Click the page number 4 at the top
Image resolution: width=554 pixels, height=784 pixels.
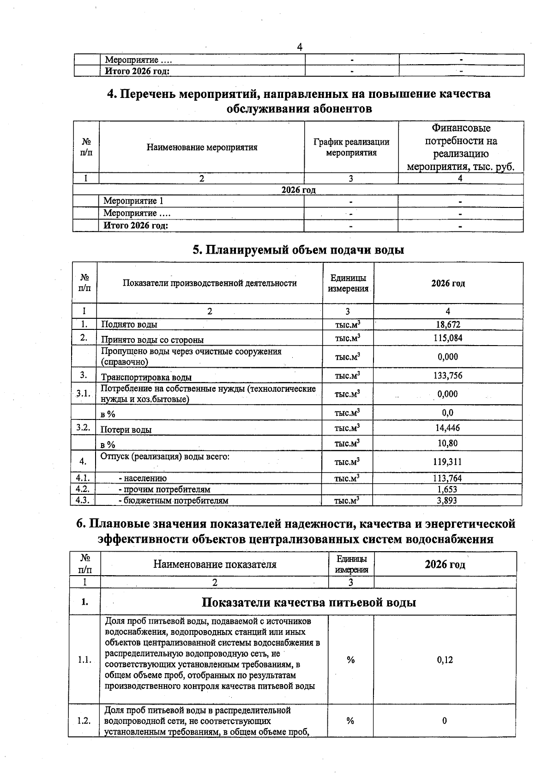[x=300, y=47]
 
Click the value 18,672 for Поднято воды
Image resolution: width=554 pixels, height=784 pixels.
[x=447, y=325]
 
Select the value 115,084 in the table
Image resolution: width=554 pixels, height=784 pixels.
[x=447, y=338]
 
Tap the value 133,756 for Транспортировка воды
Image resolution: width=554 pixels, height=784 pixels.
[x=447, y=376]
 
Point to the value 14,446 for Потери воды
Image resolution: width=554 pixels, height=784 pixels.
[x=447, y=428]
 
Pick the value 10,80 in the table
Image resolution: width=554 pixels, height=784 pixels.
[x=447, y=444]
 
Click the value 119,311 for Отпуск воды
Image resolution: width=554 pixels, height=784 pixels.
[x=447, y=462]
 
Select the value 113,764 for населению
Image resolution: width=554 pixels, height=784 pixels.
[x=447, y=478]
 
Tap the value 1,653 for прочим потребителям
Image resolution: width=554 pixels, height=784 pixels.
[x=447, y=489]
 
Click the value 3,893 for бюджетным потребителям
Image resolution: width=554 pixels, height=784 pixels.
[x=447, y=500]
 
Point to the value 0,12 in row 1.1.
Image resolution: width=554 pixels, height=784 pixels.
[x=445, y=660]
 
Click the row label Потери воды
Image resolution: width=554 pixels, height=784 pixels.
[x=126, y=430]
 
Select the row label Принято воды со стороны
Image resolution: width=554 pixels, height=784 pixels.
[x=152, y=340]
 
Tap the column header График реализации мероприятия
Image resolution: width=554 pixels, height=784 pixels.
[x=351, y=147]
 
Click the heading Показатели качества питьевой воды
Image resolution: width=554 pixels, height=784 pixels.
[x=309, y=602]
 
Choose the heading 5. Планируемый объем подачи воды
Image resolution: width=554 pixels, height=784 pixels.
[x=298, y=250]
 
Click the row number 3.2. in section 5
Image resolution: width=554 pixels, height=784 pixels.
[x=84, y=427]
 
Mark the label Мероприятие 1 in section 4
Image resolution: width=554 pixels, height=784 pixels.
[x=133, y=201]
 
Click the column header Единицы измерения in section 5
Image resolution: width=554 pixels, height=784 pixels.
[x=348, y=283]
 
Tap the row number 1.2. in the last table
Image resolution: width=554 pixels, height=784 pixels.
[x=84, y=721]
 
